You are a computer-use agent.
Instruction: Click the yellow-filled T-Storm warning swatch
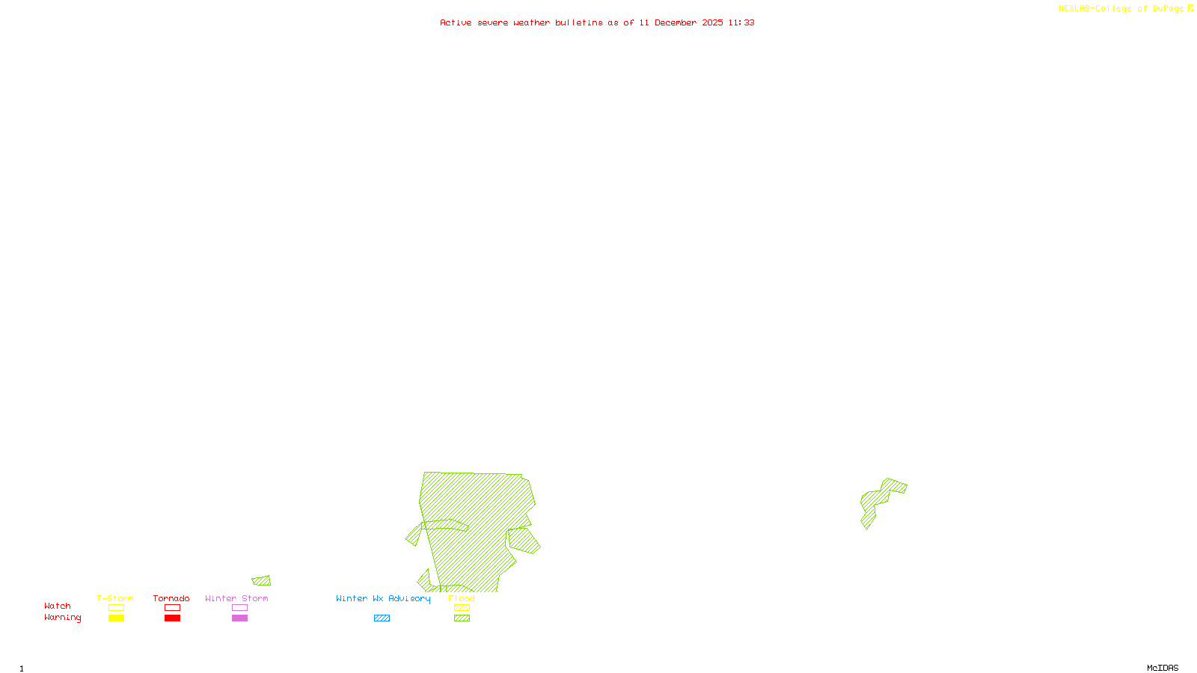tap(116, 618)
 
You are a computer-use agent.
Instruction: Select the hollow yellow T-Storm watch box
tap(116, 608)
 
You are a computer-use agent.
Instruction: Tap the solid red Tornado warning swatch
tap(172, 618)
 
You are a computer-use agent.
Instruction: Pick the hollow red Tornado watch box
tap(172, 608)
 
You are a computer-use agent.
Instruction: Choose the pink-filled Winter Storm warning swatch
tap(239, 618)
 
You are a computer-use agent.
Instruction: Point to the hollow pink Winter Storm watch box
tap(239, 608)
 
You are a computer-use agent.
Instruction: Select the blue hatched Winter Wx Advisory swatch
tap(382, 618)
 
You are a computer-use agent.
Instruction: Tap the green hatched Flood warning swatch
tap(462, 618)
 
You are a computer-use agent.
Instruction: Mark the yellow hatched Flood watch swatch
tap(462, 608)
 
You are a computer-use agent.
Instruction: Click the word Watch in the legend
tap(58, 606)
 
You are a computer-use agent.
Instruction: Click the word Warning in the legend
tap(62, 618)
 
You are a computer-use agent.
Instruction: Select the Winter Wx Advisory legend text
tap(383, 598)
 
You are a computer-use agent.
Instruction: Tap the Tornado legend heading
tap(171, 598)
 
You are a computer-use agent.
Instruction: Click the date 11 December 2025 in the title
tap(681, 22)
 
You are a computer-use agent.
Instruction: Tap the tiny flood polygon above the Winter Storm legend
tap(262, 581)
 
